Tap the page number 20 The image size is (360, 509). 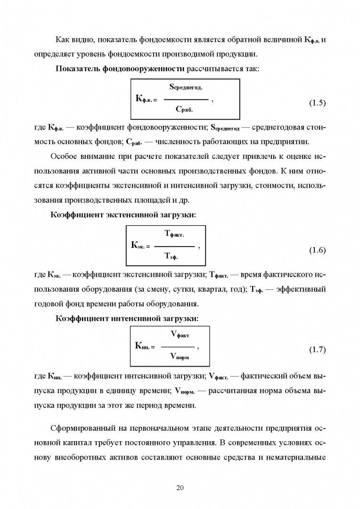click(180, 487)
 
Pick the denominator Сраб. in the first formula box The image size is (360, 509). click(184, 110)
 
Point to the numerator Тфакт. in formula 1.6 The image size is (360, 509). click(174, 234)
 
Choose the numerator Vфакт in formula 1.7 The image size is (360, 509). click(180, 334)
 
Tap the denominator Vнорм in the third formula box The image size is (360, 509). click(179, 357)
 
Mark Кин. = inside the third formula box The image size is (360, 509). click(145, 346)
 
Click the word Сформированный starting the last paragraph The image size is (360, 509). click(79, 428)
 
